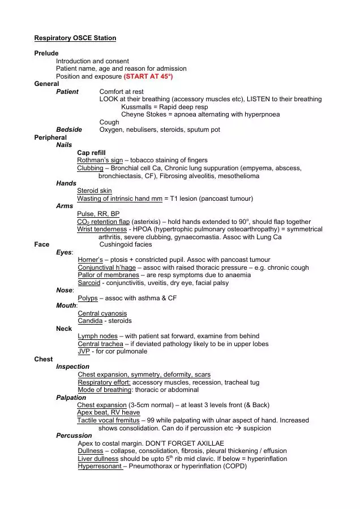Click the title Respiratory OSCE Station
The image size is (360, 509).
pos(75,38)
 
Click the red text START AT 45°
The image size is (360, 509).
pos(148,76)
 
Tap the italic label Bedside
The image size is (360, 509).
pos(69,130)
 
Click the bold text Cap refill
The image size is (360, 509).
pos(91,153)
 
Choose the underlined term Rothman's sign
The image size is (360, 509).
pos(100,160)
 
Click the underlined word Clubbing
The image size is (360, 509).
pos(90,168)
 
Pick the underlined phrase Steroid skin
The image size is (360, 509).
pos(95,191)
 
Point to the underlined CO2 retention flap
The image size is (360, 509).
pos(103,222)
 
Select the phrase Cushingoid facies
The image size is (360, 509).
pos(126,244)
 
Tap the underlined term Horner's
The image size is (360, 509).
pos(89,260)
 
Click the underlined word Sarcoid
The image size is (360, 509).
pos(89,282)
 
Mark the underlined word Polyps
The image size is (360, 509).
pos(88,298)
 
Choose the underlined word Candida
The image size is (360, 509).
pos(90,321)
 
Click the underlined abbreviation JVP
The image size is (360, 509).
pos(84,351)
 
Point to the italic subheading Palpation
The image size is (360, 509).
pos(71,398)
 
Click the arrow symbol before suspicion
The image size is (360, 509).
pos(238,428)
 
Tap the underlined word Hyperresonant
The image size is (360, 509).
pos(100,466)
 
